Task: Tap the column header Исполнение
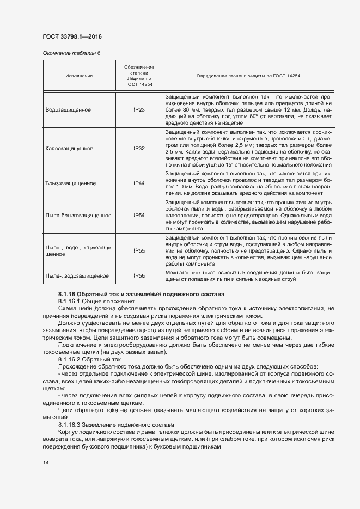79,76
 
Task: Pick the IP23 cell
139,109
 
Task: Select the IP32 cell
139,148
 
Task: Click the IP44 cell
139,183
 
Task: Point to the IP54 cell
139,216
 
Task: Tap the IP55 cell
139,250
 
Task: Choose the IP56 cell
139,276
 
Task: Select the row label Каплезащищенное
70,148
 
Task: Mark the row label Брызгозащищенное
71,183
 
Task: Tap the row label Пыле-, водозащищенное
77,276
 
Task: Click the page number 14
45,462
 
